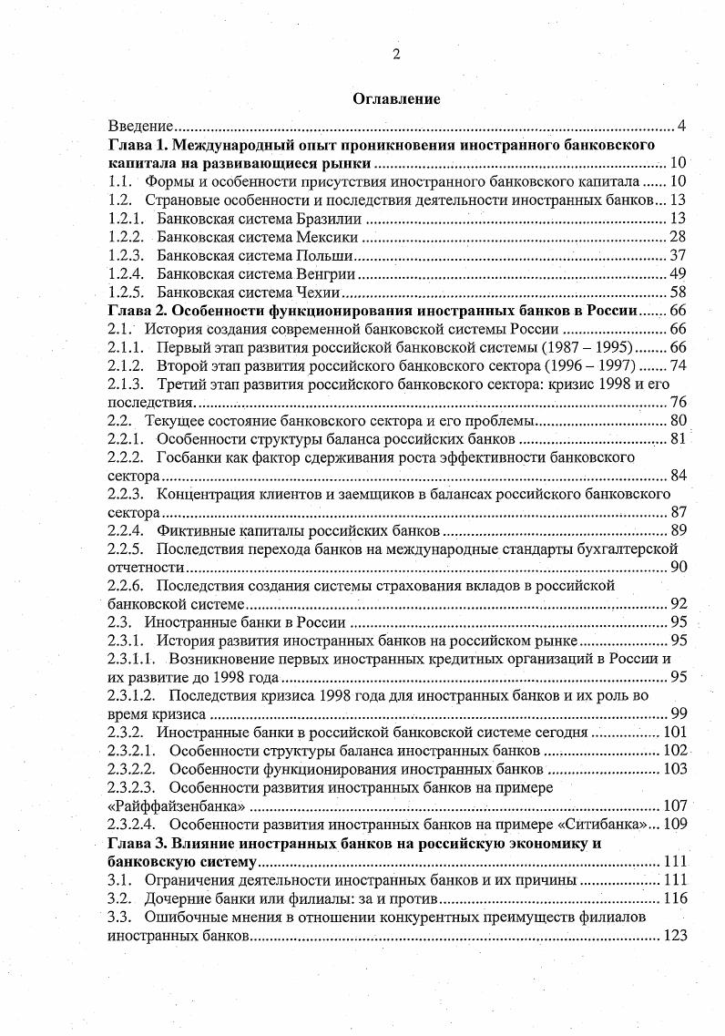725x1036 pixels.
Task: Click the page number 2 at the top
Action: (396, 54)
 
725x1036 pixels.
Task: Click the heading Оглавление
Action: (396, 100)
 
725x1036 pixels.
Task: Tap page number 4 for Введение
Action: (680, 125)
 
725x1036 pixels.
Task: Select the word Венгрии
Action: (327, 274)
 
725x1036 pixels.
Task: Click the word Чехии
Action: (318, 292)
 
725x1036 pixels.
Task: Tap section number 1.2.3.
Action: (126, 255)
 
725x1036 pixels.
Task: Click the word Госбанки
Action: (187, 457)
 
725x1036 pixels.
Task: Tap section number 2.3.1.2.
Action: (132, 696)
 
